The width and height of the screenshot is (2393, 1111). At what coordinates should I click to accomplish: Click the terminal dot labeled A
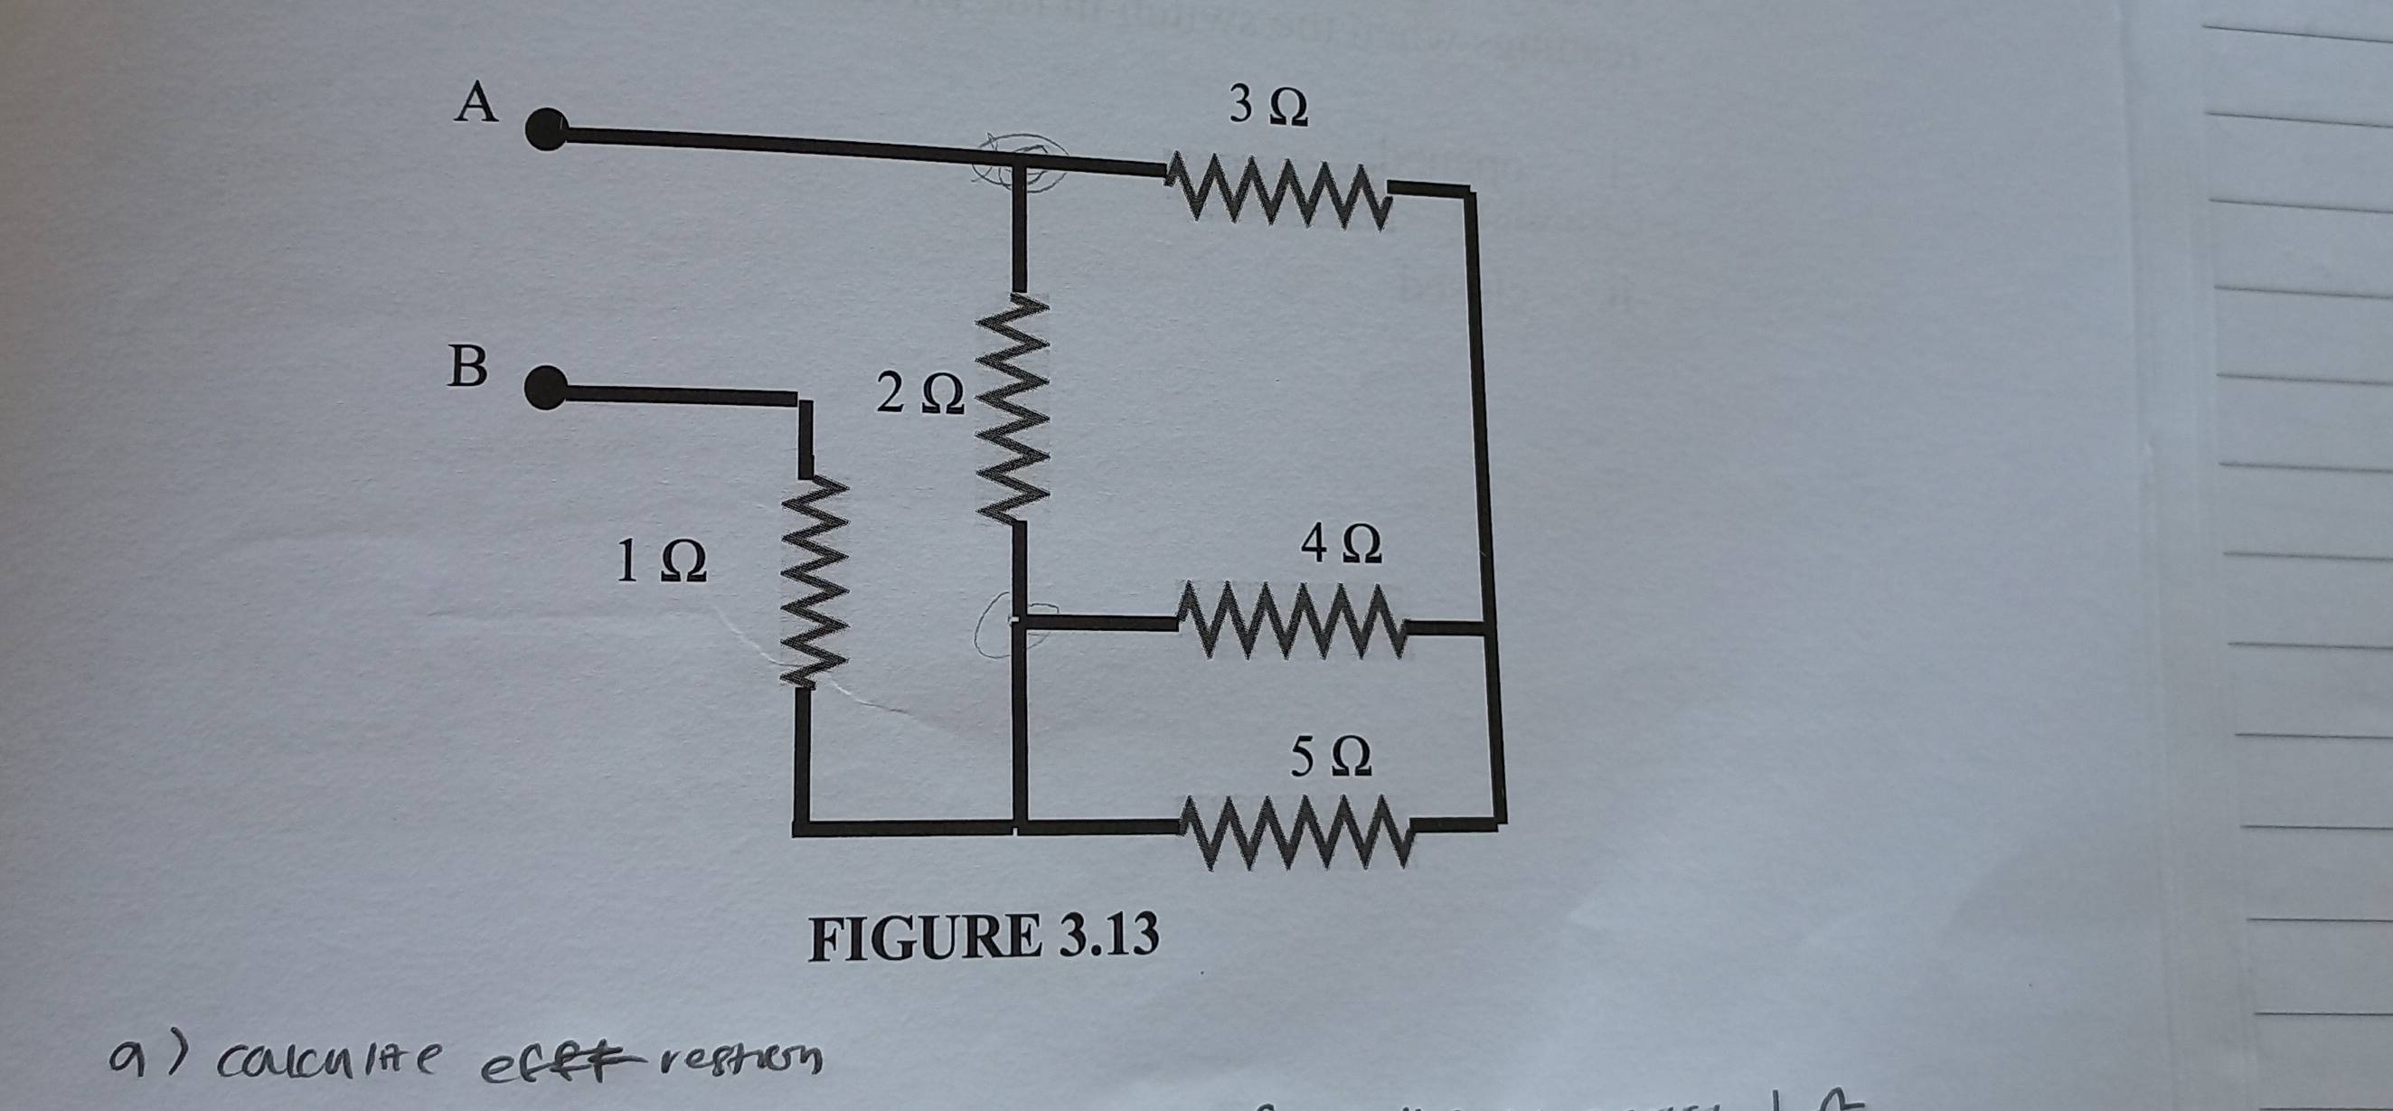[549, 129]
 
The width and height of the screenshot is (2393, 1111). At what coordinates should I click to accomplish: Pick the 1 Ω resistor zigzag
[805, 586]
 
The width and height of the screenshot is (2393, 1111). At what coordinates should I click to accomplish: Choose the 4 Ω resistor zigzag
[1292, 621]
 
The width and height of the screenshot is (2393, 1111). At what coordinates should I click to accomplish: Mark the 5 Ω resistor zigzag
[1295, 830]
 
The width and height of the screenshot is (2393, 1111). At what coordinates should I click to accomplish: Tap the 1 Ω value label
[662, 562]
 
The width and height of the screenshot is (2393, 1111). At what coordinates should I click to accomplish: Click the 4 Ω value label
[1342, 545]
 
